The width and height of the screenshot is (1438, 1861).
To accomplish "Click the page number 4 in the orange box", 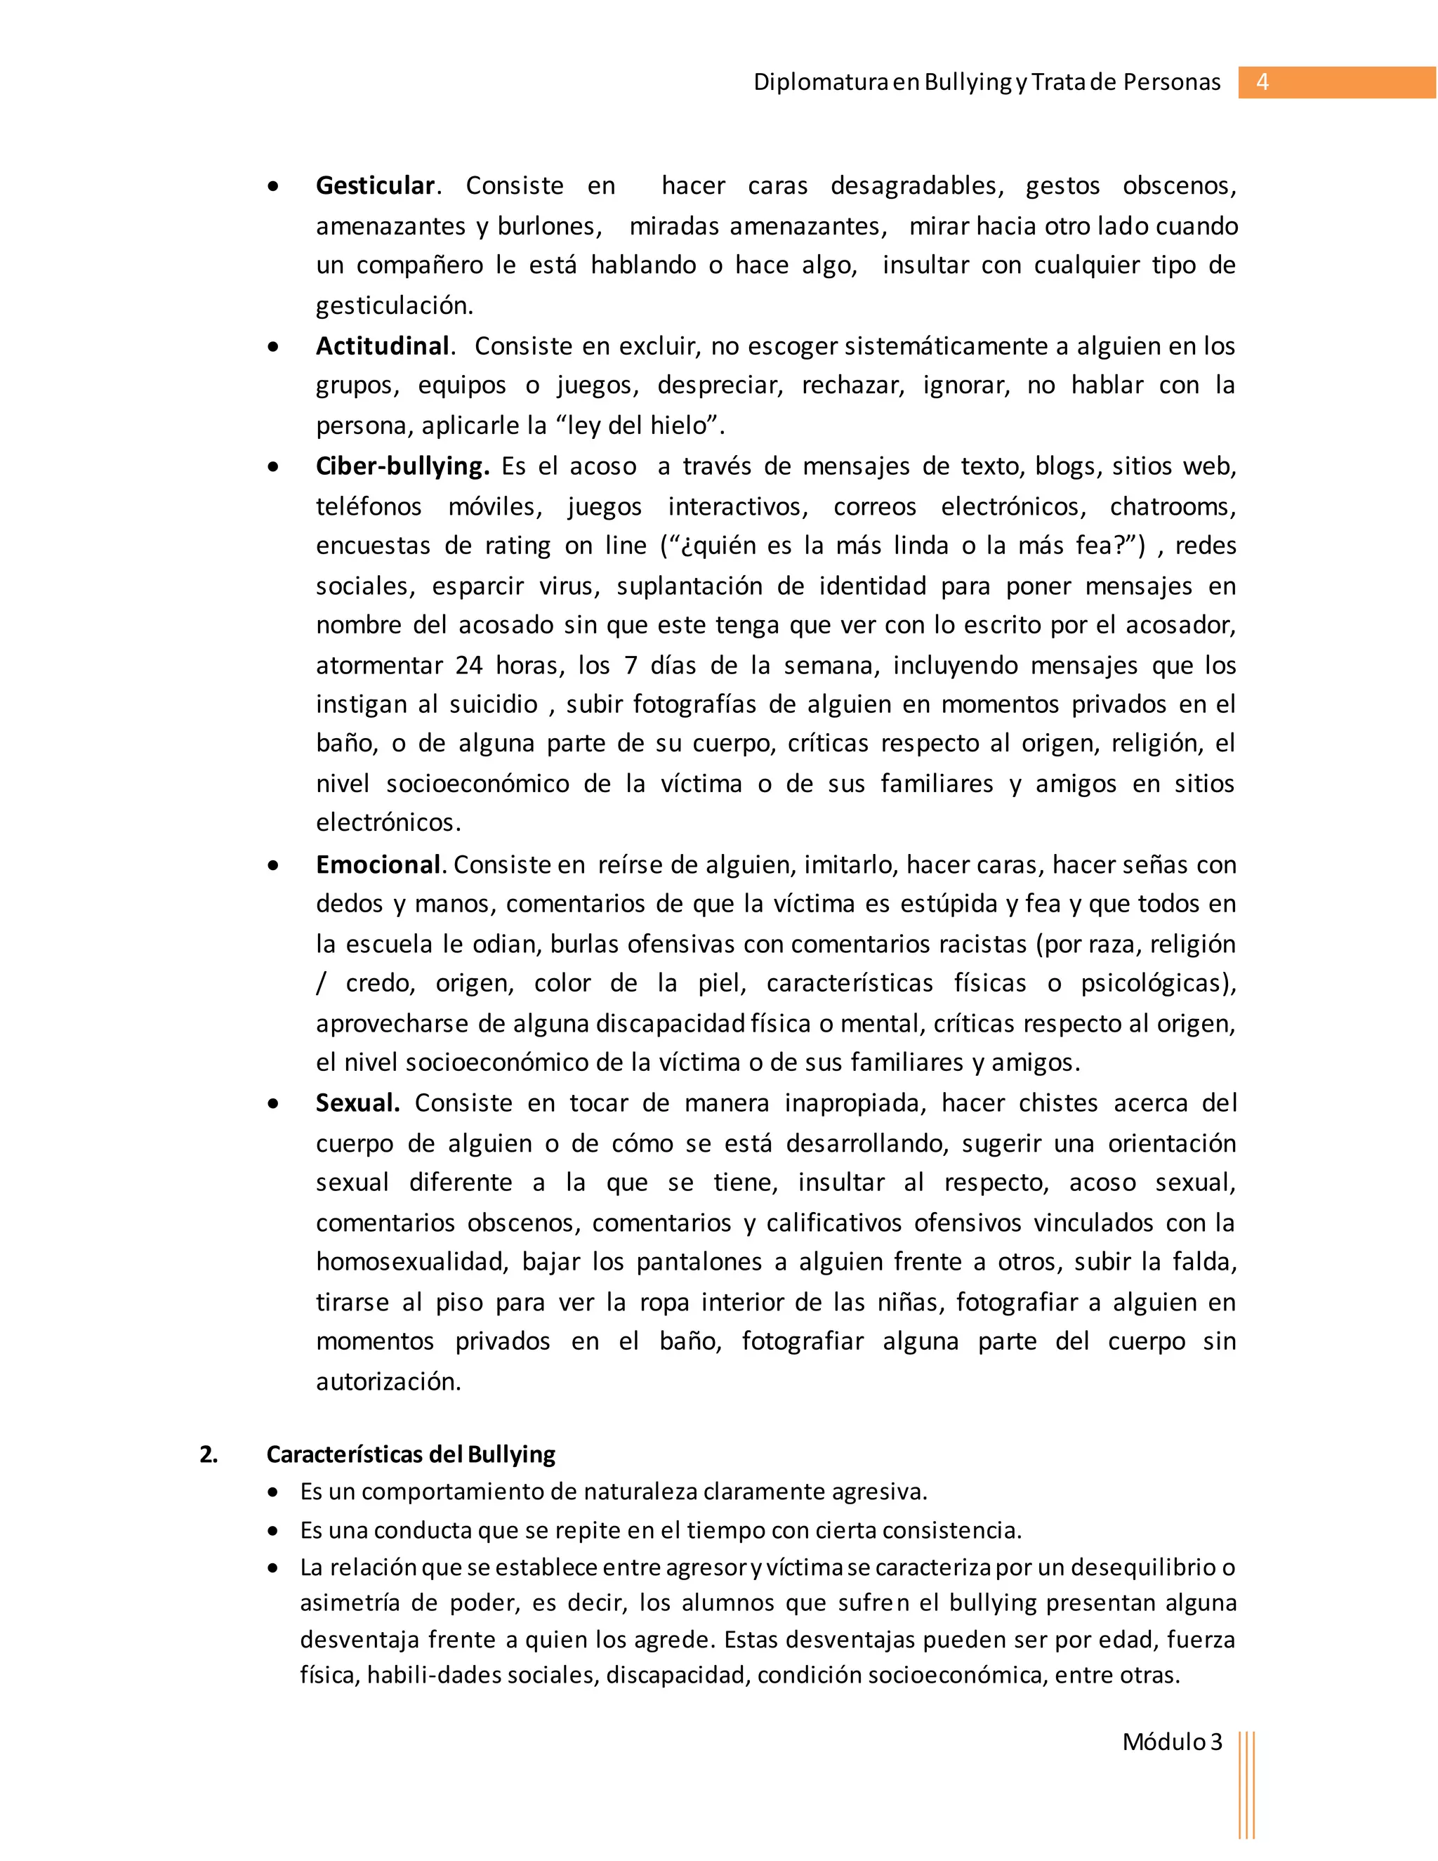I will click(1262, 83).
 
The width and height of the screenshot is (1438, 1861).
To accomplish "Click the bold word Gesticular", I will click(375, 186).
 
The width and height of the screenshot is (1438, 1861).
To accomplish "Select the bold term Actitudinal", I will click(383, 346).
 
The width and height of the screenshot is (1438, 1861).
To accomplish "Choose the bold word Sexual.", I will click(357, 1103).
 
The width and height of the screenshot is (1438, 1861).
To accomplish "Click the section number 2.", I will click(208, 1454).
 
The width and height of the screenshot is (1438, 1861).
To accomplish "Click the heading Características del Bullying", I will click(411, 1454).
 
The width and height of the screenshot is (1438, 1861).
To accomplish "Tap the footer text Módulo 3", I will click(1171, 1742).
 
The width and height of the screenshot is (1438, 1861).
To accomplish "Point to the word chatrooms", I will click(1171, 506).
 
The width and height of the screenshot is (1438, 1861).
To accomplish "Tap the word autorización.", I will click(388, 1381).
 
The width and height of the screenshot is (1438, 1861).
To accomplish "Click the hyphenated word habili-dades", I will click(435, 1675).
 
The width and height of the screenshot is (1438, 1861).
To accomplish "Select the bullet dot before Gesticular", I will click(272, 187).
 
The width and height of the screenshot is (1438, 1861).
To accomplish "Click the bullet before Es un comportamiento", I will click(272, 1493).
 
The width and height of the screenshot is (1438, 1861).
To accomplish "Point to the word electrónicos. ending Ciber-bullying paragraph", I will click(388, 823).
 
